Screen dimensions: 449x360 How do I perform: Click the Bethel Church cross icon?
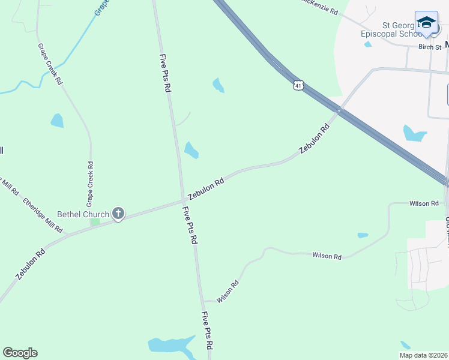tap(118, 213)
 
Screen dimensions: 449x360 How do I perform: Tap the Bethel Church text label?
tap(83, 214)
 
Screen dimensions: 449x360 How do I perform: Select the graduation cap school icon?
tap(426, 22)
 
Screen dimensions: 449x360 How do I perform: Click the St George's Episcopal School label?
tap(391, 30)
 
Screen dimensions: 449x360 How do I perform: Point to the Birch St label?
tap(430, 47)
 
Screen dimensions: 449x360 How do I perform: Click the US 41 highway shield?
tap(298, 85)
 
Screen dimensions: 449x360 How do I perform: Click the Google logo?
tap(20, 353)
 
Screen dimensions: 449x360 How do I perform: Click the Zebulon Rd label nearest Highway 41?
tap(315, 139)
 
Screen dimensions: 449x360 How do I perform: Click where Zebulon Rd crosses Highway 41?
tap(339, 110)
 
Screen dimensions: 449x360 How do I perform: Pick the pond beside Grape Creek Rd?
tap(57, 121)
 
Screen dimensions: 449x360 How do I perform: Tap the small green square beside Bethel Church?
tap(94, 222)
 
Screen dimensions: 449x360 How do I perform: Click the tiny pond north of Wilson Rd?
tap(363, 235)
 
